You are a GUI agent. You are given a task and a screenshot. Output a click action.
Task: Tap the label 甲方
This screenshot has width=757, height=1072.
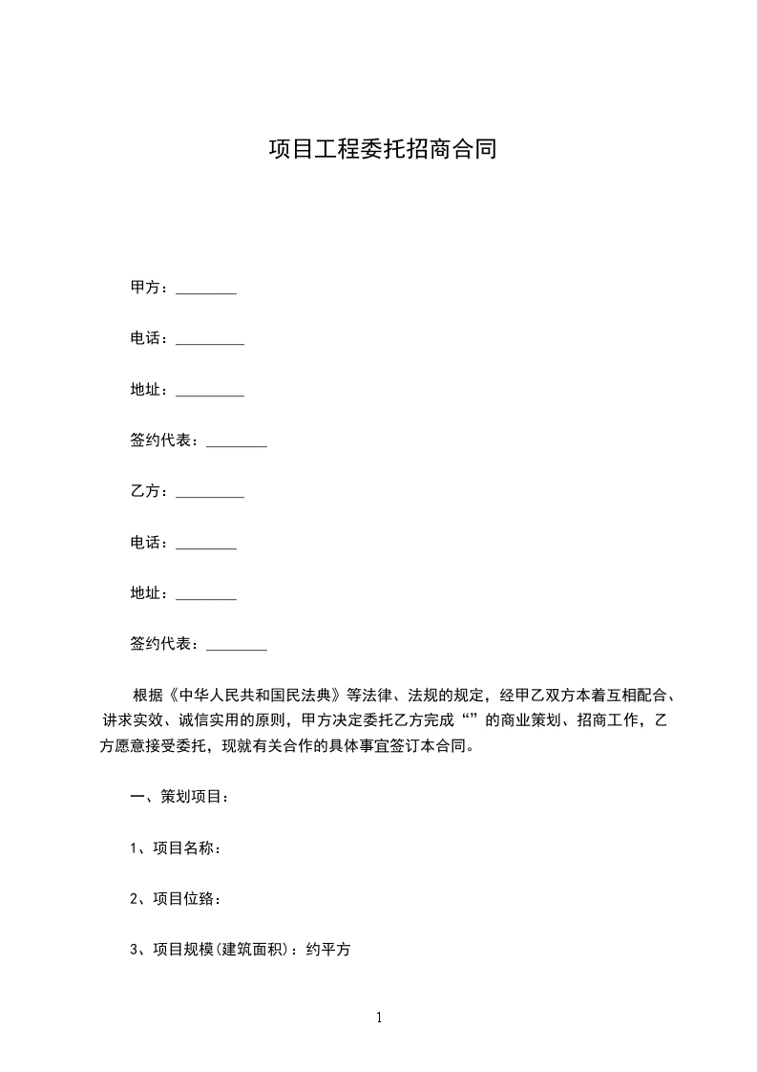146,288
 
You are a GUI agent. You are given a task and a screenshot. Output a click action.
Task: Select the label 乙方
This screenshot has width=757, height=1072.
146,492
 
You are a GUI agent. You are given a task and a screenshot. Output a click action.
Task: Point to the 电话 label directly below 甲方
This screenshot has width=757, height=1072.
146,338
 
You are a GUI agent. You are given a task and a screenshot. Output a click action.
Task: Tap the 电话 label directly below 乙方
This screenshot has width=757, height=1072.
146,543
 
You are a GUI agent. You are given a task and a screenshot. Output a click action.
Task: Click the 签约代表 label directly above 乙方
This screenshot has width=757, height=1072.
160,440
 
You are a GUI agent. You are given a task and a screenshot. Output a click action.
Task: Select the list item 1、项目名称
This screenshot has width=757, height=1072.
177,848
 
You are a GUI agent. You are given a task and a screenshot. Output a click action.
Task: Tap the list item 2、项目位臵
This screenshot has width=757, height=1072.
177,899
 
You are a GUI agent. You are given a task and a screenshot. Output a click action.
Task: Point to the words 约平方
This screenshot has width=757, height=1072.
329,951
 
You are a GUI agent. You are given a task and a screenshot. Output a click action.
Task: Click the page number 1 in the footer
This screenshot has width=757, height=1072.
379,1018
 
